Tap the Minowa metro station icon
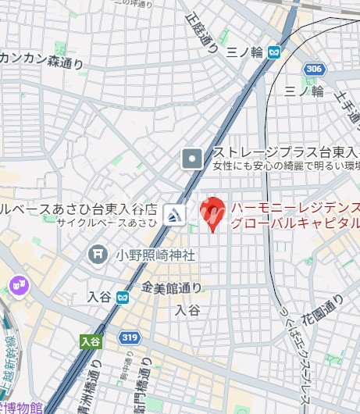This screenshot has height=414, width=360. click(x=273, y=52)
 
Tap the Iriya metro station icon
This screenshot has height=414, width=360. click(x=122, y=297)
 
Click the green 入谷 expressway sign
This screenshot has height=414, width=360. click(x=91, y=341)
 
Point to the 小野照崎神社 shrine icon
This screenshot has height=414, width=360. click(x=98, y=254)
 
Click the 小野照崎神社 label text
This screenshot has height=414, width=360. click(x=155, y=255)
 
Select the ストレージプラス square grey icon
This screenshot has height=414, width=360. click(x=191, y=159)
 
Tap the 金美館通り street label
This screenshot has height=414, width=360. click(x=173, y=287)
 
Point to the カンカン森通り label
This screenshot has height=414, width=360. click(x=39, y=56)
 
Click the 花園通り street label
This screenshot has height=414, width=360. click(x=323, y=310)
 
